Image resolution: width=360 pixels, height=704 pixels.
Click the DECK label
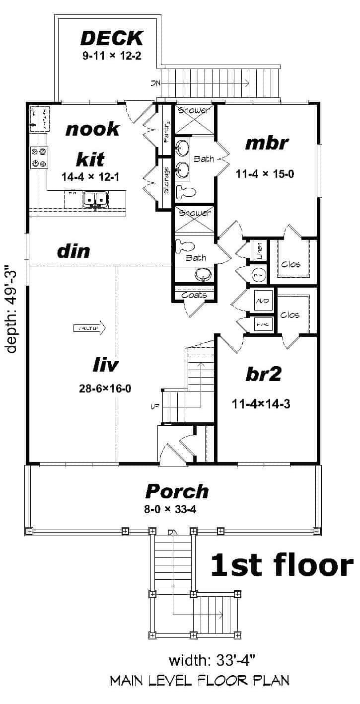112,38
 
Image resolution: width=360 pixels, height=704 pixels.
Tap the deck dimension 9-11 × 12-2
112,55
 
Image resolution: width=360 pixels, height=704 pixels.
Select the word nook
93,129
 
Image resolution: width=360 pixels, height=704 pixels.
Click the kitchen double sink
95,199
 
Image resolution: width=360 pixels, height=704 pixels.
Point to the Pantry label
166,132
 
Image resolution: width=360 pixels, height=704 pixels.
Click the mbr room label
267,144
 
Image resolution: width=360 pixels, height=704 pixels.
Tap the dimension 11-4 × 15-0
266,174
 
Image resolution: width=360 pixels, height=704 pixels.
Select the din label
73,251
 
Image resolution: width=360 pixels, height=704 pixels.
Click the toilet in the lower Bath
182,245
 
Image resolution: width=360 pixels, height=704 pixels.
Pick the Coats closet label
194,295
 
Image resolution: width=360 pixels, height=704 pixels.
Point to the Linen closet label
258,247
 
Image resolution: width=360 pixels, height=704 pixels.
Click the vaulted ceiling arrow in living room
90,328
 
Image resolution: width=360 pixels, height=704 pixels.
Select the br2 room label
263,375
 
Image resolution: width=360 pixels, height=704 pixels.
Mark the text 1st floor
282,565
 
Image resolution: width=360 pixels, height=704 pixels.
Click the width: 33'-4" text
212,661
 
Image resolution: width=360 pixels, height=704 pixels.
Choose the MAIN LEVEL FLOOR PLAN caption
200,680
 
